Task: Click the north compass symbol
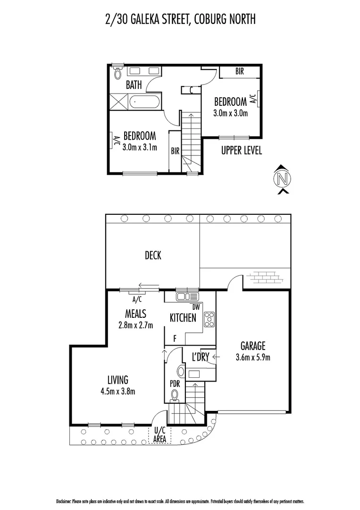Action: tap(282, 179)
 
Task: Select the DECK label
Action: tap(153, 255)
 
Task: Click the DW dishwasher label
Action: tap(196, 307)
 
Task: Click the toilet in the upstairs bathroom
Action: tap(118, 73)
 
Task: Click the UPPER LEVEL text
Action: tap(242, 151)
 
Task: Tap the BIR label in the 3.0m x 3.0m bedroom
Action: tap(240, 72)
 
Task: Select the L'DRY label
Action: tap(200, 357)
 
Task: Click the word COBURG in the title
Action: tap(210, 19)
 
